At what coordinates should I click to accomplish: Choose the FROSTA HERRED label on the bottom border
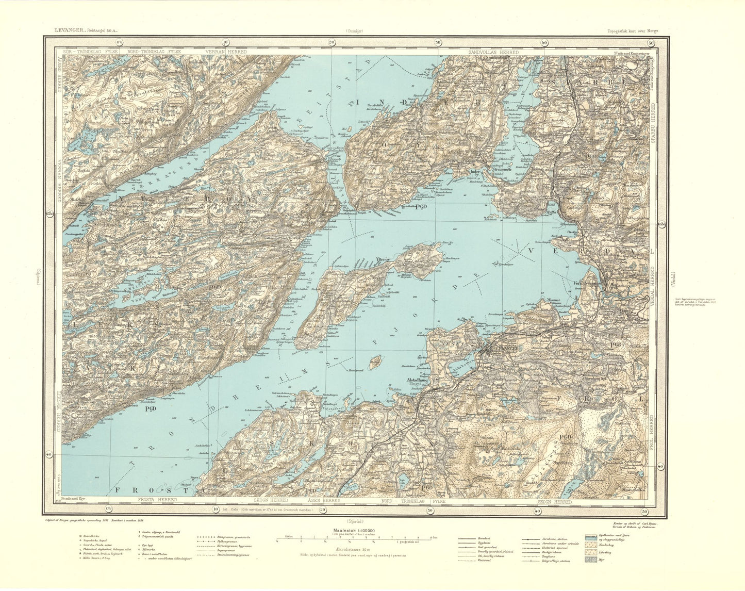(157, 500)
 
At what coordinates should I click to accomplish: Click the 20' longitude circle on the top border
(331, 43)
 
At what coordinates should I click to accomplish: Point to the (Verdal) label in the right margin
(673, 282)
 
